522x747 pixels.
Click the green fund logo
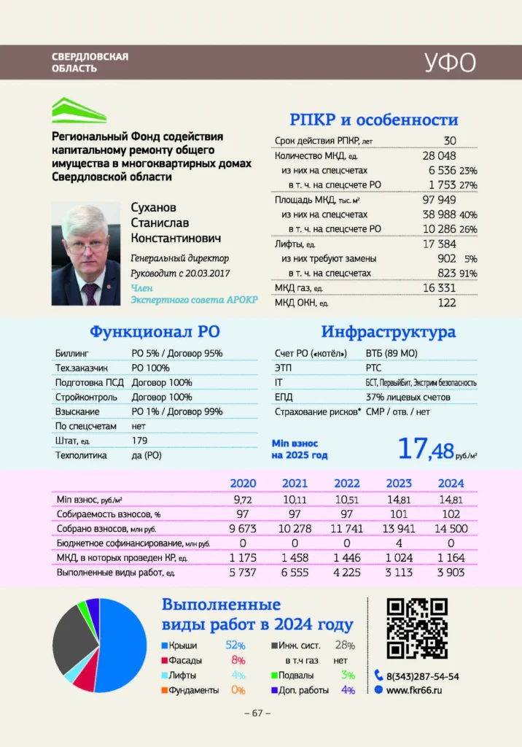click(79, 111)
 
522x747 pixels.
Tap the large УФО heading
click(450, 63)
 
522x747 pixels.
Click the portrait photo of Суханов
click(86, 254)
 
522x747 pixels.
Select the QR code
click(416, 628)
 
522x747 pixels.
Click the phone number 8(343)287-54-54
click(422, 676)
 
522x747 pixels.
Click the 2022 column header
click(347, 483)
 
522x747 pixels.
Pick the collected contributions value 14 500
click(450, 528)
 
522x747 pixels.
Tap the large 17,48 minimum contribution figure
click(425, 449)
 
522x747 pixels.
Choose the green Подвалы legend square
click(273, 676)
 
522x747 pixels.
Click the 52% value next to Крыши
click(235, 646)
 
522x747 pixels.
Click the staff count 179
click(139, 441)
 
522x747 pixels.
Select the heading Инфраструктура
click(388, 332)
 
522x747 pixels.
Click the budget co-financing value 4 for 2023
click(398, 543)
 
